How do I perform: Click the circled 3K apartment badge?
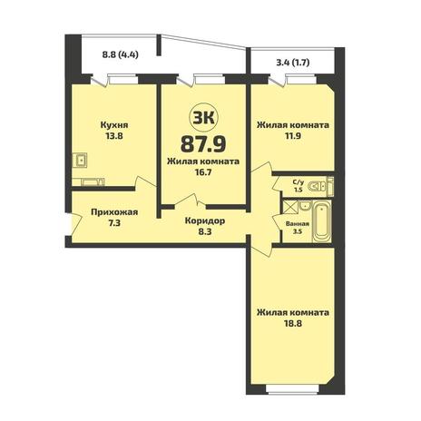tap(203, 118)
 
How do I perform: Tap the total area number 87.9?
tap(203, 143)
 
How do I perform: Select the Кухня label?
tap(114, 125)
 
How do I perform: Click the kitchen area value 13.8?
tap(114, 136)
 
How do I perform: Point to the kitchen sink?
tap(80, 160)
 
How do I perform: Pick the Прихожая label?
tap(114, 212)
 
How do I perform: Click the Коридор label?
tap(205, 221)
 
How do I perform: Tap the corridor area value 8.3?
tap(205, 232)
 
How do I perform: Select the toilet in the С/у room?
tap(318, 186)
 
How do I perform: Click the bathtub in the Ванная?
tap(322, 222)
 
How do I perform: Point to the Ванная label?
tap(298, 224)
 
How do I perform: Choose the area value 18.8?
tap(293, 324)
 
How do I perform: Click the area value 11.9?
tap(293, 136)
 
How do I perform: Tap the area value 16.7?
tap(203, 172)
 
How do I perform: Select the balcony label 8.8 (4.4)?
tap(120, 55)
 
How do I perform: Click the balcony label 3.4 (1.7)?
tap(293, 63)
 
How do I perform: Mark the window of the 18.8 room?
tap(292, 394)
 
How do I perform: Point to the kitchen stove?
tap(93, 182)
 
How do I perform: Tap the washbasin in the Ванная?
tap(305, 206)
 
